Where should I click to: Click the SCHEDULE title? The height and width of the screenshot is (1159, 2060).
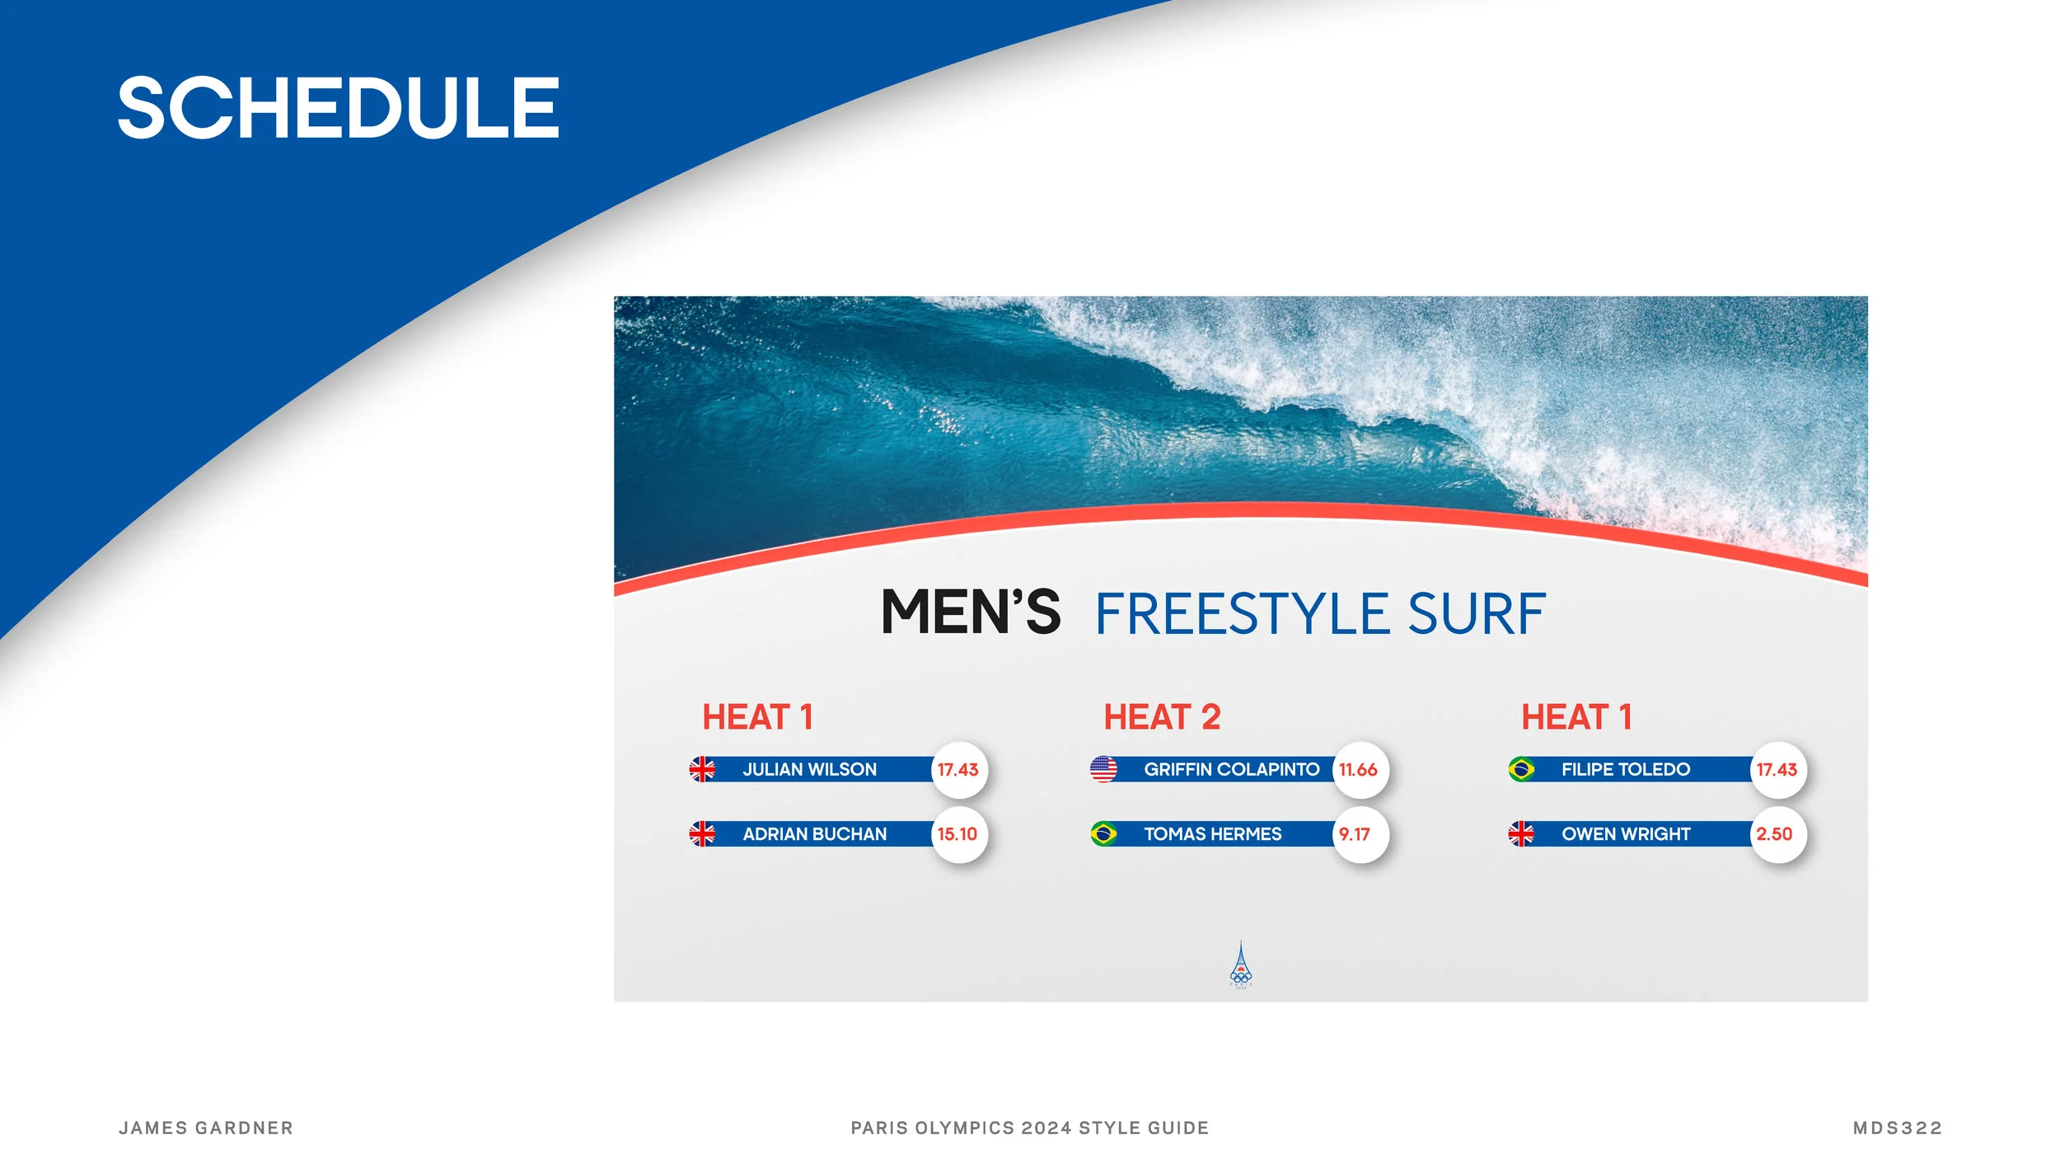338,107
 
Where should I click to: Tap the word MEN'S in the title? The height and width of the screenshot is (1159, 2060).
971,613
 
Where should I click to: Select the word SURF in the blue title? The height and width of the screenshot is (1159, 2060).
1476,615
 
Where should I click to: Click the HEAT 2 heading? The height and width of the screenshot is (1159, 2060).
1162,717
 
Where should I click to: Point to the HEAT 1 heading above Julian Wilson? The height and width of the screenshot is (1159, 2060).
757,717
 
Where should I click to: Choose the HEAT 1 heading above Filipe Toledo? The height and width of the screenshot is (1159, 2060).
1576,717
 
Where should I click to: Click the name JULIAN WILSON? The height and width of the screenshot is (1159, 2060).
809,770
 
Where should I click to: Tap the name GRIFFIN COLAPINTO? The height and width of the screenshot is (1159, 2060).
1231,770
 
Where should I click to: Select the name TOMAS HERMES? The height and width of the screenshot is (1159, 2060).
1212,834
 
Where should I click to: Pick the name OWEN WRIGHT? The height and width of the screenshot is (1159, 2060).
1625,834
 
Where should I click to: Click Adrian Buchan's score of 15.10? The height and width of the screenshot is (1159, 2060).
957,834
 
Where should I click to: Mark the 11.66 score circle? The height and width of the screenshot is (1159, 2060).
1358,770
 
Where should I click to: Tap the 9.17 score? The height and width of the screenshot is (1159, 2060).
1355,834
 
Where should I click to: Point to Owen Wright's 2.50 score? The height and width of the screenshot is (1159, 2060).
1775,834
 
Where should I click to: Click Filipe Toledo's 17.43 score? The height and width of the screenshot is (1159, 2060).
1777,770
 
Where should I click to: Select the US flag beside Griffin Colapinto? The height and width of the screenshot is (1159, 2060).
1103,769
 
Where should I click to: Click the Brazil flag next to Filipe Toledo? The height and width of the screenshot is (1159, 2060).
1521,770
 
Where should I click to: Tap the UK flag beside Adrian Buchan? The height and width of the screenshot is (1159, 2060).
702,834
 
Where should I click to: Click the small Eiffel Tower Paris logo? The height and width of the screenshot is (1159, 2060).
1241,964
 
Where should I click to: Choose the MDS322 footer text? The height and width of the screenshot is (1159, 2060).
1898,1128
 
